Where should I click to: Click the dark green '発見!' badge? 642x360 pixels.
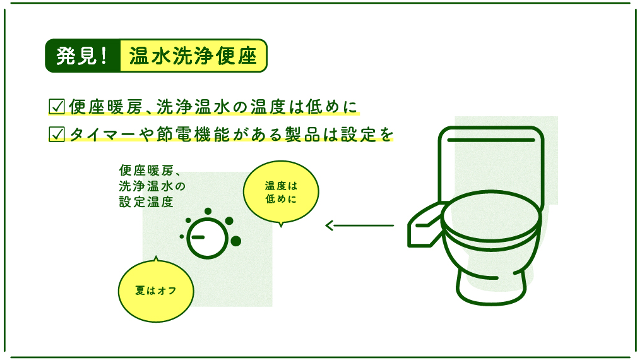pyautogui.click(x=83, y=56)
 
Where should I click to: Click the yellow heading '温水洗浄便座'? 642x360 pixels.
pyautogui.click(x=193, y=56)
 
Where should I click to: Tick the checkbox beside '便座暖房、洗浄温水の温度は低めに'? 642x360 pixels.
pyautogui.click(x=57, y=107)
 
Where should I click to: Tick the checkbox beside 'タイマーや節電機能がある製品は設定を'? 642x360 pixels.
pyautogui.click(x=57, y=135)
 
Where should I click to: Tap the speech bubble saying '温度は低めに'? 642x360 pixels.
pyautogui.click(x=281, y=192)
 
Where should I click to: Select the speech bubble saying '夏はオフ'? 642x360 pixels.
pyautogui.click(x=156, y=291)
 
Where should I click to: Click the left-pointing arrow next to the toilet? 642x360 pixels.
pyautogui.click(x=359, y=225)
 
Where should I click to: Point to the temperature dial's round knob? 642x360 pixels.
pyautogui.click(x=208, y=238)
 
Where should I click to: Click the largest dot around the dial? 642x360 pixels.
pyautogui.click(x=236, y=241)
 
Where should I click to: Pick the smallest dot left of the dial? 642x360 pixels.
pyautogui.click(x=181, y=237)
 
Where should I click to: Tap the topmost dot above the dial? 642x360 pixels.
pyautogui.click(x=208, y=212)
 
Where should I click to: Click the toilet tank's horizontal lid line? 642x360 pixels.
pyautogui.click(x=491, y=140)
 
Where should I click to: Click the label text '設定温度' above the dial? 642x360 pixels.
pyautogui.click(x=146, y=202)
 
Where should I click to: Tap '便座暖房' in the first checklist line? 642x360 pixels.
pyautogui.click(x=105, y=107)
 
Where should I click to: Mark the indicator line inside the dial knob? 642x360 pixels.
pyautogui.click(x=198, y=237)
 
